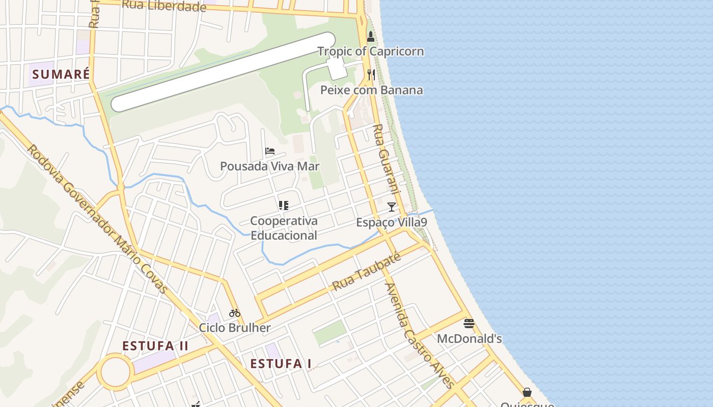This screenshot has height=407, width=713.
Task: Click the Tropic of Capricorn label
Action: (x=370, y=51)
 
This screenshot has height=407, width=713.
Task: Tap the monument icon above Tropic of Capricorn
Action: (x=371, y=37)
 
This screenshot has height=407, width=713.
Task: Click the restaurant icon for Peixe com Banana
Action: (x=371, y=75)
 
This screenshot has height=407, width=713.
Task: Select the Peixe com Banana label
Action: (x=371, y=90)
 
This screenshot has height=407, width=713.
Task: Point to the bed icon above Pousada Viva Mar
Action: (x=270, y=151)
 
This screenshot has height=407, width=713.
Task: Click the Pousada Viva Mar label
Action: (x=269, y=166)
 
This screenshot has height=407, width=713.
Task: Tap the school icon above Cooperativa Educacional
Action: (x=284, y=206)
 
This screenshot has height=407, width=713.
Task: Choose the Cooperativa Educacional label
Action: (x=284, y=228)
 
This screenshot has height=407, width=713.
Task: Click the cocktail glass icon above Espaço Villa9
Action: (x=391, y=207)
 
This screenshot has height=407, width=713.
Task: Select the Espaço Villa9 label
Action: (x=391, y=222)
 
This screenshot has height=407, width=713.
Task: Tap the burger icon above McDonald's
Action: (x=469, y=323)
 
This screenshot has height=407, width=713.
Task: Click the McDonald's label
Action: (x=469, y=338)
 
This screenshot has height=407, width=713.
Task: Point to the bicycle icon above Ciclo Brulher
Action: (x=234, y=312)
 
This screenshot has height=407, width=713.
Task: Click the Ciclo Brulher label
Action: (x=234, y=328)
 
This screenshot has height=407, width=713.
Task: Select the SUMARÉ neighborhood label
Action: (x=61, y=74)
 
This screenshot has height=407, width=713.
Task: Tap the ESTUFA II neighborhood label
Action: (x=155, y=346)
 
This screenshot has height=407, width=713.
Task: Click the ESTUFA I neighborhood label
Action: (x=281, y=364)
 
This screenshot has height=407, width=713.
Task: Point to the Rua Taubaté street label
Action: (x=366, y=272)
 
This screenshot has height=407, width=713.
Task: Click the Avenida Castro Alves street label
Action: (x=419, y=335)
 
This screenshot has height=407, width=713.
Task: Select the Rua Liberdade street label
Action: (x=164, y=6)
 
